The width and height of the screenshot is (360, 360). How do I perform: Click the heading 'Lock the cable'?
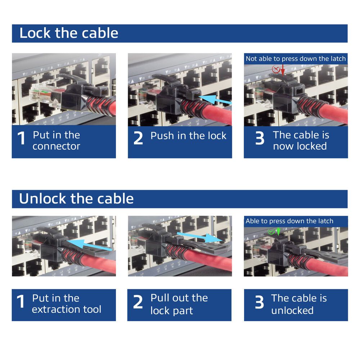pos(68,33)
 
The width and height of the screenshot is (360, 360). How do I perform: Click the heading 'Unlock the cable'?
pos(76,199)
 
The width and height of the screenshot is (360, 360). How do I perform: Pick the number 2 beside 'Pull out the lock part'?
pos(138,302)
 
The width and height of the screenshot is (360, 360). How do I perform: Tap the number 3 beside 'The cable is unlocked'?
pos(260,303)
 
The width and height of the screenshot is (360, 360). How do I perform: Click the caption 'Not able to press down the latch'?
pos(296,59)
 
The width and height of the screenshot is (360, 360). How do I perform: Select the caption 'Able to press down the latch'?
pos(289,221)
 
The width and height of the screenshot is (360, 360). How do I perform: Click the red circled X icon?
pos(276,69)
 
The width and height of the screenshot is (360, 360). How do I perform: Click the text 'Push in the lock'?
pos(188,136)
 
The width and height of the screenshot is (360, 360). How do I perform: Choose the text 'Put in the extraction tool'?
pos(67,303)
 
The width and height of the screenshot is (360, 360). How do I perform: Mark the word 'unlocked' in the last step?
pos(292,310)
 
